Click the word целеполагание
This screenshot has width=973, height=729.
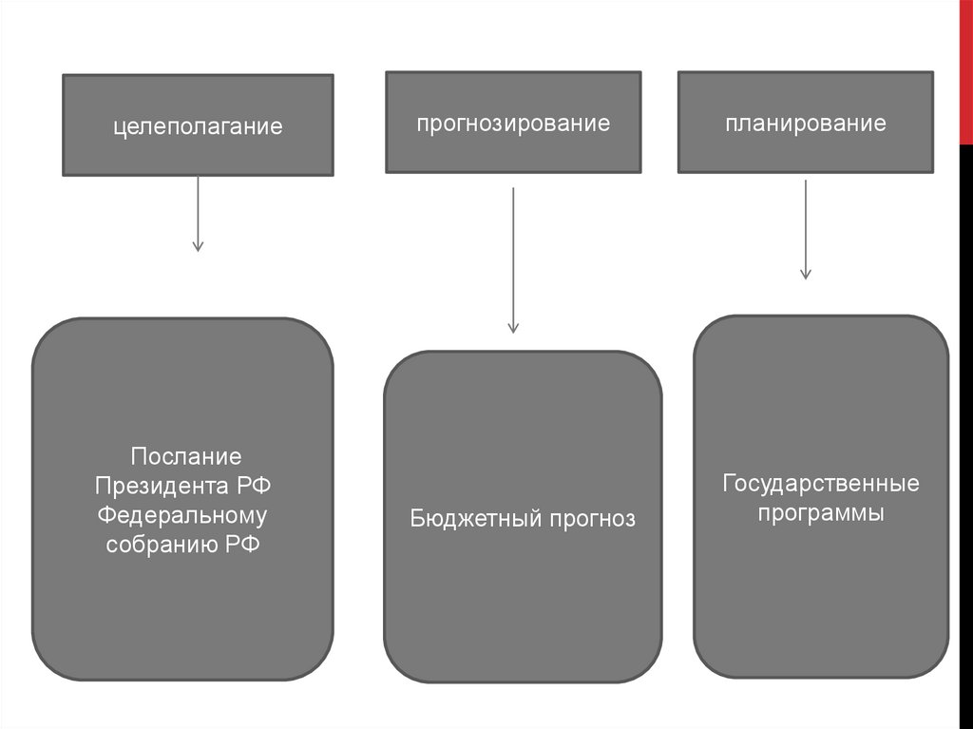[199, 126]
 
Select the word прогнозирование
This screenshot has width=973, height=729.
[513, 124]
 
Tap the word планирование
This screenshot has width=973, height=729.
[805, 124]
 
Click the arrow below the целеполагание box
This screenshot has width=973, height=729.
[198, 213]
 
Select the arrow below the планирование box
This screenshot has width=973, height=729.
[806, 229]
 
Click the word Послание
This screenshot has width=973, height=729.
[186, 457]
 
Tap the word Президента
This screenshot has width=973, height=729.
[158, 487]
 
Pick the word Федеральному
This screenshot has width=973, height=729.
[183, 516]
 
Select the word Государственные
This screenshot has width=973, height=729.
[821, 484]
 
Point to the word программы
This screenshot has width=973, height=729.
[821, 513]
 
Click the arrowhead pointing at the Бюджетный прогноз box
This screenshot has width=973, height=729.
[513, 328]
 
